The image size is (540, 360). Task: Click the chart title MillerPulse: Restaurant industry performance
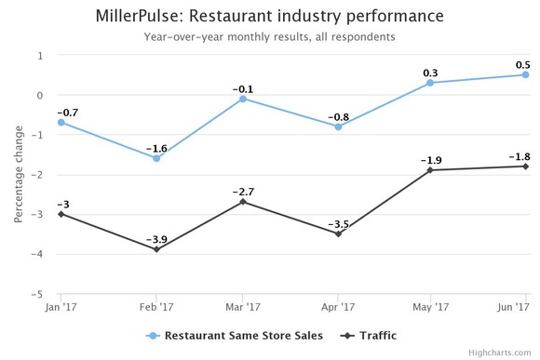click(x=269, y=17)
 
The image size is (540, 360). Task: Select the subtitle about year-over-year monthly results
click(x=269, y=37)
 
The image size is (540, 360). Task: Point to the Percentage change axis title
click(x=18, y=175)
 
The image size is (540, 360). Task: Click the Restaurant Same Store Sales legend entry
click(x=234, y=336)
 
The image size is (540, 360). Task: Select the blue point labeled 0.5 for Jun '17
click(x=525, y=74)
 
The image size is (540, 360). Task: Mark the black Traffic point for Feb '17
click(x=156, y=249)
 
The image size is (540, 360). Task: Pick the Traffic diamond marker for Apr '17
click(x=338, y=233)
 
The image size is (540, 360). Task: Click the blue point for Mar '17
click(x=243, y=99)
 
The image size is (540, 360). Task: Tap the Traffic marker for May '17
click(x=430, y=170)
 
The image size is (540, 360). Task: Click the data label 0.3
click(x=430, y=71)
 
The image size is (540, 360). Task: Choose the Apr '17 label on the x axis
click(x=338, y=305)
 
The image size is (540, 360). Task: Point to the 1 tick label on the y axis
click(x=40, y=55)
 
